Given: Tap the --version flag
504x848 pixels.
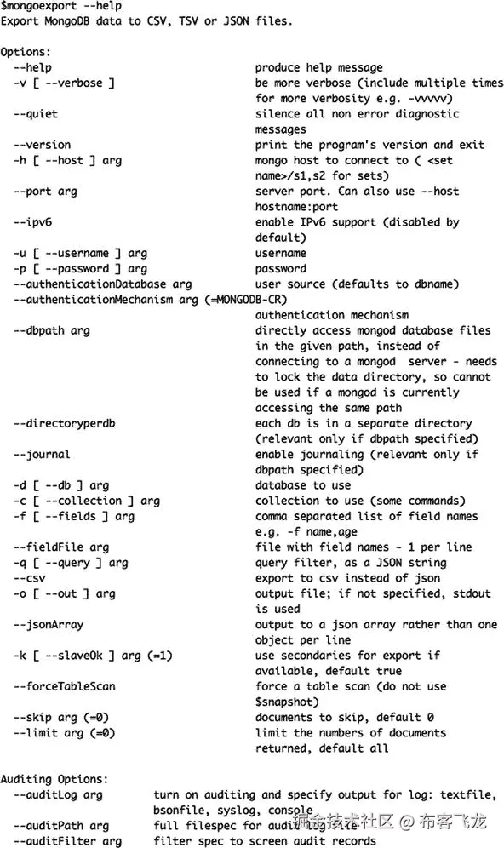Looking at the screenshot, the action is (x=42, y=145).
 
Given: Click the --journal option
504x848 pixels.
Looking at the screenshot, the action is (x=42, y=455).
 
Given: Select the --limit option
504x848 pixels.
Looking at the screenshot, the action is (x=36, y=732).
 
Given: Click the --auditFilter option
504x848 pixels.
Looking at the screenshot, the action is (x=54, y=841).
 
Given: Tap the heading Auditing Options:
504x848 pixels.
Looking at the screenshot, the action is (x=54, y=779).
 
